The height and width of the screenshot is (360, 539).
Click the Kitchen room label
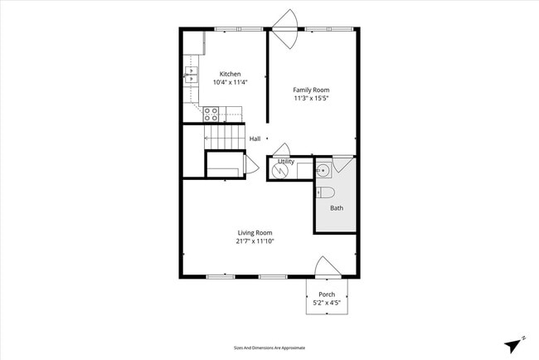tap(230, 74)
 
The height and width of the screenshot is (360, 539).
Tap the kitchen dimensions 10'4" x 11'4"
tap(230, 82)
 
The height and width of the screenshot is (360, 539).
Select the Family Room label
tap(311, 90)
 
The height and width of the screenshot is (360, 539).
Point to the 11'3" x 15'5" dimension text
tap(311, 98)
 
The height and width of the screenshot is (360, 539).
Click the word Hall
tap(255, 139)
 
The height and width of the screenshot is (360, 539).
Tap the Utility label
tap(285, 161)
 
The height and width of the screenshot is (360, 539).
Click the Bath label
tap(336, 207)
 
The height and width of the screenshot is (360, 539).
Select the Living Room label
tap(255, 233)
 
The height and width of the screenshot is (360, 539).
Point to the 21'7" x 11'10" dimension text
tap(255, 241)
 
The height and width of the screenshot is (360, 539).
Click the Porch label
tap(327, 294)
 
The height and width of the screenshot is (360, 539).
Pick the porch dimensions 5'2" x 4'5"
tap(327, 303)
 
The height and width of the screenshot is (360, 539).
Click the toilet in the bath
tap(325, 192)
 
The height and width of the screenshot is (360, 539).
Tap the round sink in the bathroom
tap(323, 171)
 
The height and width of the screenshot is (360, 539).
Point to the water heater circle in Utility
tap(281, 171)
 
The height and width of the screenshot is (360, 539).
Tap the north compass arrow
tap(515, 343)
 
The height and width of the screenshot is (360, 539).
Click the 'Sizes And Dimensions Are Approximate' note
tap(269, 348)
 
